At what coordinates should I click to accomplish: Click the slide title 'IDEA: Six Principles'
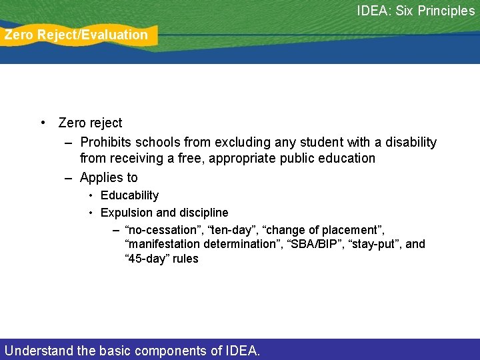[x=415, y=11]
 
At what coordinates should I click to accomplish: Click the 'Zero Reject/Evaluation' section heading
[x=76, y=35]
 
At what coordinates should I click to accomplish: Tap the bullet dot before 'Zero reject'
[x=43, y=123]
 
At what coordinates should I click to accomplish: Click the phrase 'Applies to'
[x=109, y=177]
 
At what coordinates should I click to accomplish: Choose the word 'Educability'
[x=129, y=195]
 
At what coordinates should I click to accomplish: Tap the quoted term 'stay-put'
[x=372, y=244]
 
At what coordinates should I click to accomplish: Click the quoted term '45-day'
[x=147, y=259]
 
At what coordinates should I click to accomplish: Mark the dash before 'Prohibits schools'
[x=69, y=143]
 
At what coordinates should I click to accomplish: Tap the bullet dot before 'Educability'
[x=91, y=195]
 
